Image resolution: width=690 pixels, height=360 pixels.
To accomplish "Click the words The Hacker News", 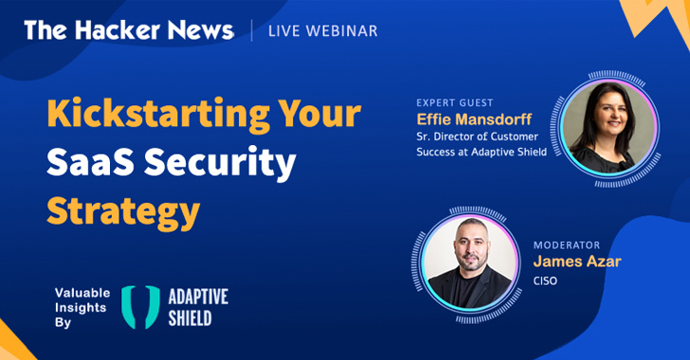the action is coord(129,30).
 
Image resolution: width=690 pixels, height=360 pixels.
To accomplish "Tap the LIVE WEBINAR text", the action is coord(323,31).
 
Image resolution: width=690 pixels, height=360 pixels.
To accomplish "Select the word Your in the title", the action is coord(319,113).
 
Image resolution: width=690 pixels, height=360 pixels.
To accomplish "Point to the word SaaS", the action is coord(90,161).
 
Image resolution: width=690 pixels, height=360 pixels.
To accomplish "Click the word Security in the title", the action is coord(220,164).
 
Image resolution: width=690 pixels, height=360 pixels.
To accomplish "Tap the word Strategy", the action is coord(123,212).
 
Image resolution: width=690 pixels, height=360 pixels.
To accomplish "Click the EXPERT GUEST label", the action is coord(455,103).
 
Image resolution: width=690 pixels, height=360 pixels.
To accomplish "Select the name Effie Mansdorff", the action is coord(474,119).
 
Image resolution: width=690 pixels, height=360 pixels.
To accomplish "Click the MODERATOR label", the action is coord(567,245).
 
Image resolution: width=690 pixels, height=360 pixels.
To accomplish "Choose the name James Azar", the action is coord(577,261).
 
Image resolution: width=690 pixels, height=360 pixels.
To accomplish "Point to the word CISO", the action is coord(545,280).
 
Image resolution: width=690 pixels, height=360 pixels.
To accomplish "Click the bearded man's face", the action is coord(471,246).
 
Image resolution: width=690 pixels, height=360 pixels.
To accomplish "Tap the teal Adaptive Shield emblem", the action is coord(141,307).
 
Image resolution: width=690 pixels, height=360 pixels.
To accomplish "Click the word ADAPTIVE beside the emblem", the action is coord(198,297).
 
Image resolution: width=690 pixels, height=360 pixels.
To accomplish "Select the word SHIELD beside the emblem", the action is coord(191,318).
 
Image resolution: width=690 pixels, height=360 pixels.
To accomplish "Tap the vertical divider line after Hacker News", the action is coord(252,30).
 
